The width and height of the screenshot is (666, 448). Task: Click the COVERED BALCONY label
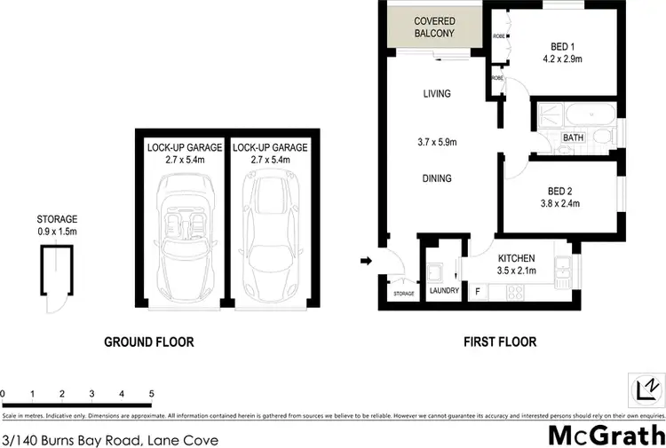click(x=435, y=27)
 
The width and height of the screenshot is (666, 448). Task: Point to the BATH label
click(x=572, y=138)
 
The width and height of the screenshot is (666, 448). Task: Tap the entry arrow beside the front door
click(x=365, y=261)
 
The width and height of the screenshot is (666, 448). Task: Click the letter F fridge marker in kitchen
click(x=478, y=291)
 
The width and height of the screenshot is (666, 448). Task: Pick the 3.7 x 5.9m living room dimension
click(x=436, y=140)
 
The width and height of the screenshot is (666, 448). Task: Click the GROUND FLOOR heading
click(x=149, y=342)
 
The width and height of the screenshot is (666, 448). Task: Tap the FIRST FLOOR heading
click(x=501, y=342)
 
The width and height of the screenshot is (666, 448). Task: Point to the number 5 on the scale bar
click(x=151, y=393)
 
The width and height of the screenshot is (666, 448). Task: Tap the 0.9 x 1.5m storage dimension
click(x=57, y=232)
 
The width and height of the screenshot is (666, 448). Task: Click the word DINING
click(x=436, y=178)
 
